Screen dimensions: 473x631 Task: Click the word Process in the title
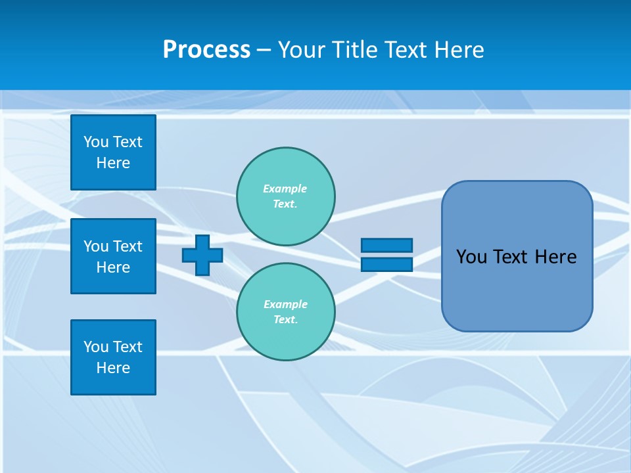(206, 50)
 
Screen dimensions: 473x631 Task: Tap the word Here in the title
(458, 50)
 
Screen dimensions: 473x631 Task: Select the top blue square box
(113, 152)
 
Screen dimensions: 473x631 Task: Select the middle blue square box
(113, 256)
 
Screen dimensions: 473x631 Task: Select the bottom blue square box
(113, 357)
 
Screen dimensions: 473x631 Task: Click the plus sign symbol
(202, 255)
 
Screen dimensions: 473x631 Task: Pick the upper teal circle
(285, 196)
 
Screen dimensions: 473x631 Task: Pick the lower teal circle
(285, 312)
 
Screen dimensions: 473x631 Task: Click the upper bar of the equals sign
(386, 245)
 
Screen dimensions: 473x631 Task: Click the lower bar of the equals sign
(386, 264)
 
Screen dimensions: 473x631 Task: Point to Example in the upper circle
(285, 189)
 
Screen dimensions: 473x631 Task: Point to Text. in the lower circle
(285, 320)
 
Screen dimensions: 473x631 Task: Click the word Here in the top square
(113, 163)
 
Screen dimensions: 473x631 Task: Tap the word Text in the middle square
(128, 246)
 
